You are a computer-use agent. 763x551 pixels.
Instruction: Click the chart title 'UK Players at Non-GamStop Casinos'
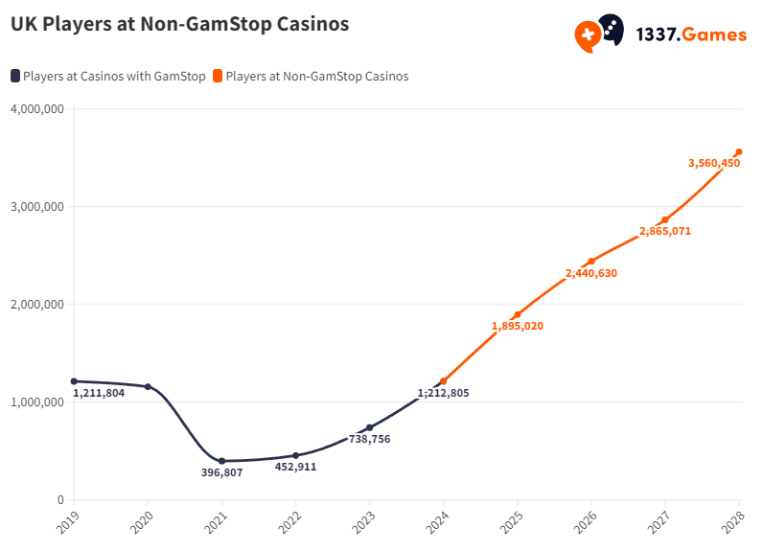point(179,25)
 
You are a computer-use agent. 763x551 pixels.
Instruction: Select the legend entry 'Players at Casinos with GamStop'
point(108,77)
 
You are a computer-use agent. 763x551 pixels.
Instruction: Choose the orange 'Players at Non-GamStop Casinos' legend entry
point(311,77)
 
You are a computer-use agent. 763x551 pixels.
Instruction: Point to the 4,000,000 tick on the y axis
point(37,108)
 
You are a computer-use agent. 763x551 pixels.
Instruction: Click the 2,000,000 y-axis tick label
point(37,305)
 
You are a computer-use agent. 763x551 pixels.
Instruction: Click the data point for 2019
point(74,381)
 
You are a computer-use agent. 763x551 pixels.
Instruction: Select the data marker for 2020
point(148,386)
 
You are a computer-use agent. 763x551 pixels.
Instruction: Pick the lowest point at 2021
point(221,461)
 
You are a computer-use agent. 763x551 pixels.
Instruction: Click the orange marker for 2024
point(443,381)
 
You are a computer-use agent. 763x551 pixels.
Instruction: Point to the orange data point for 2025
point(518,314)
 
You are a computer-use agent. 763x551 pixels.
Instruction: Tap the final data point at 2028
point(739,151)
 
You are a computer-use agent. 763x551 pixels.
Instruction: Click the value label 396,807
point(221,472)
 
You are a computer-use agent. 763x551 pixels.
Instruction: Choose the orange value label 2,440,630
point(591,273)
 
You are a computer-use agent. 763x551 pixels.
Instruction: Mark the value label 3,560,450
point(714,163)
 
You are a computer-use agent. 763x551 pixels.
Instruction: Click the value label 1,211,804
point(99,393)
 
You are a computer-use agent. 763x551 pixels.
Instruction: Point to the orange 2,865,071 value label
point(665,231)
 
